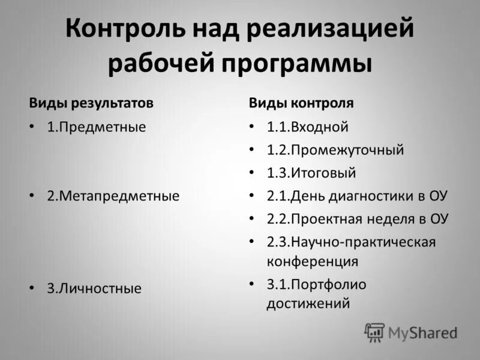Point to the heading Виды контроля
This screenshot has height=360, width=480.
(x=301, y=103)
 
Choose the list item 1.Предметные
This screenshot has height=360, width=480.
(x=97, y=127)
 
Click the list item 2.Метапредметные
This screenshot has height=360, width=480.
(x=113, y=196)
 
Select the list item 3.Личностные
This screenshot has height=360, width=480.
(x=94, y=289)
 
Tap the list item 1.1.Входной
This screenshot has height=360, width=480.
(x=308, y=127)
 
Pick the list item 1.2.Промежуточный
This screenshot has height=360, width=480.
(x=335, y=150)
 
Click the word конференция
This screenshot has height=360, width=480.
(x=313, y=262)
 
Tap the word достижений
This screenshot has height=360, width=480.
(x=308, y=304)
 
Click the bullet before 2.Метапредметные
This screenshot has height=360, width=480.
(x=33, y=196)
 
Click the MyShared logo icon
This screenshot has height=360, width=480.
(x=374, y=332)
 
